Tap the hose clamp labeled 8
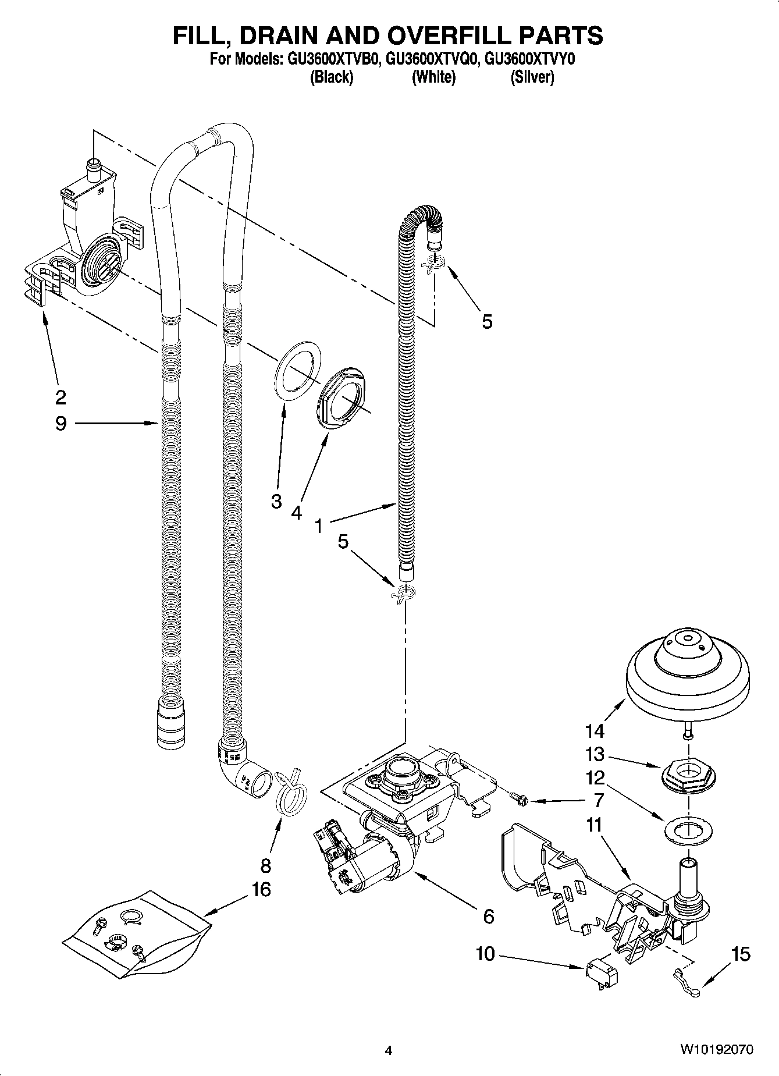click(x=291, y=791)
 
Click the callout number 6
click(x=488, y=917)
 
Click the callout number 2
click(x=61, y=397)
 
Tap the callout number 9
click(x=61, y=423)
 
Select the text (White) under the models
click(x=433, y=77)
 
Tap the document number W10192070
click(x=717, y=1050)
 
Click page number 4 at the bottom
click(x=389, y=1050)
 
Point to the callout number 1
click(x=319, y=526)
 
